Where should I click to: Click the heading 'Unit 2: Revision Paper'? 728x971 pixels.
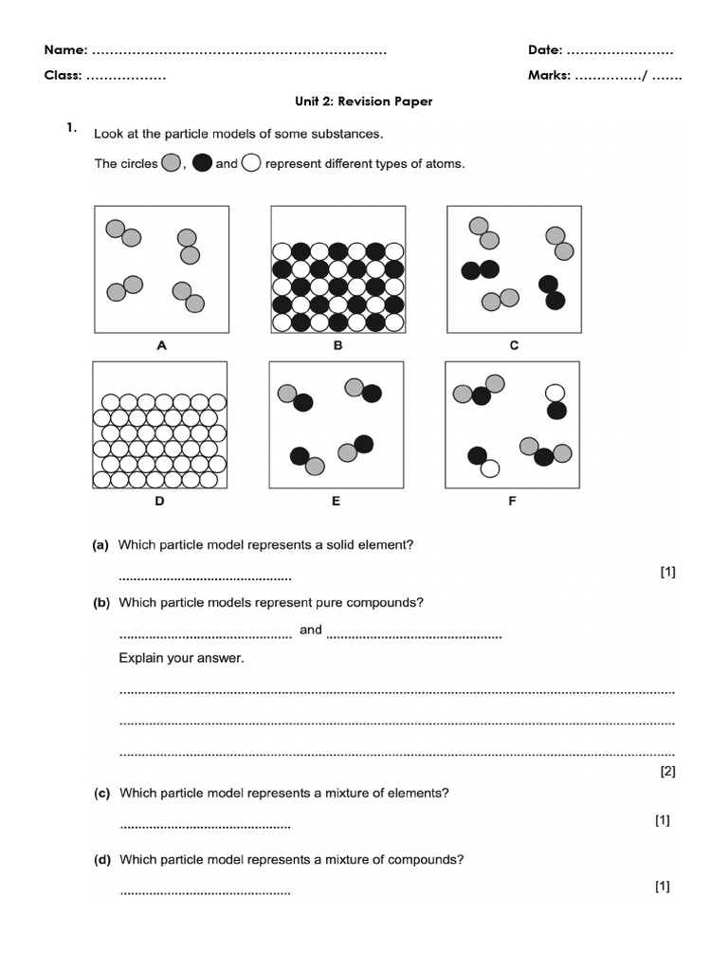coord(364,101)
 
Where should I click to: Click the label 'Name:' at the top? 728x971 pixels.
coord(66,49)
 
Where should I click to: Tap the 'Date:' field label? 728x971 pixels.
coord(545,49)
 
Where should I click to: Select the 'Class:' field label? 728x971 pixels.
coord(64,76)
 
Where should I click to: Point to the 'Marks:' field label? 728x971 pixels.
coord(549,76)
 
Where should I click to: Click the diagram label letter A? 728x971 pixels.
coord(161,346)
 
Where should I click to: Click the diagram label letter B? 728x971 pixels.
coord(337,346)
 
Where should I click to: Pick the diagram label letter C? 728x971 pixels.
coord(514,346)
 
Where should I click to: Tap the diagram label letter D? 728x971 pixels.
coord(159,502)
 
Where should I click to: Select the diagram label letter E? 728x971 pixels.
coord(336,502)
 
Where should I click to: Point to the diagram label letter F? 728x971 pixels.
coord(512,502)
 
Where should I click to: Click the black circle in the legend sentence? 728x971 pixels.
coord(202,163)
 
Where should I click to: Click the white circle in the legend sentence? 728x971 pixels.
coord(251,163)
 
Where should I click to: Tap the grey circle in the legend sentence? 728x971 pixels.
coord(171,163)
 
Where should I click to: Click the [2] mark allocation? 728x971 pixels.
coord(667,771)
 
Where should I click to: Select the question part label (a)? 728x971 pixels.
coord(100,545)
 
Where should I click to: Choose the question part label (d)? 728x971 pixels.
coord(101,860)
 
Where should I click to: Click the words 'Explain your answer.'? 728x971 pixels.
coord(181,658)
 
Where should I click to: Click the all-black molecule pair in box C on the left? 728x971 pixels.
coord(480,270)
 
